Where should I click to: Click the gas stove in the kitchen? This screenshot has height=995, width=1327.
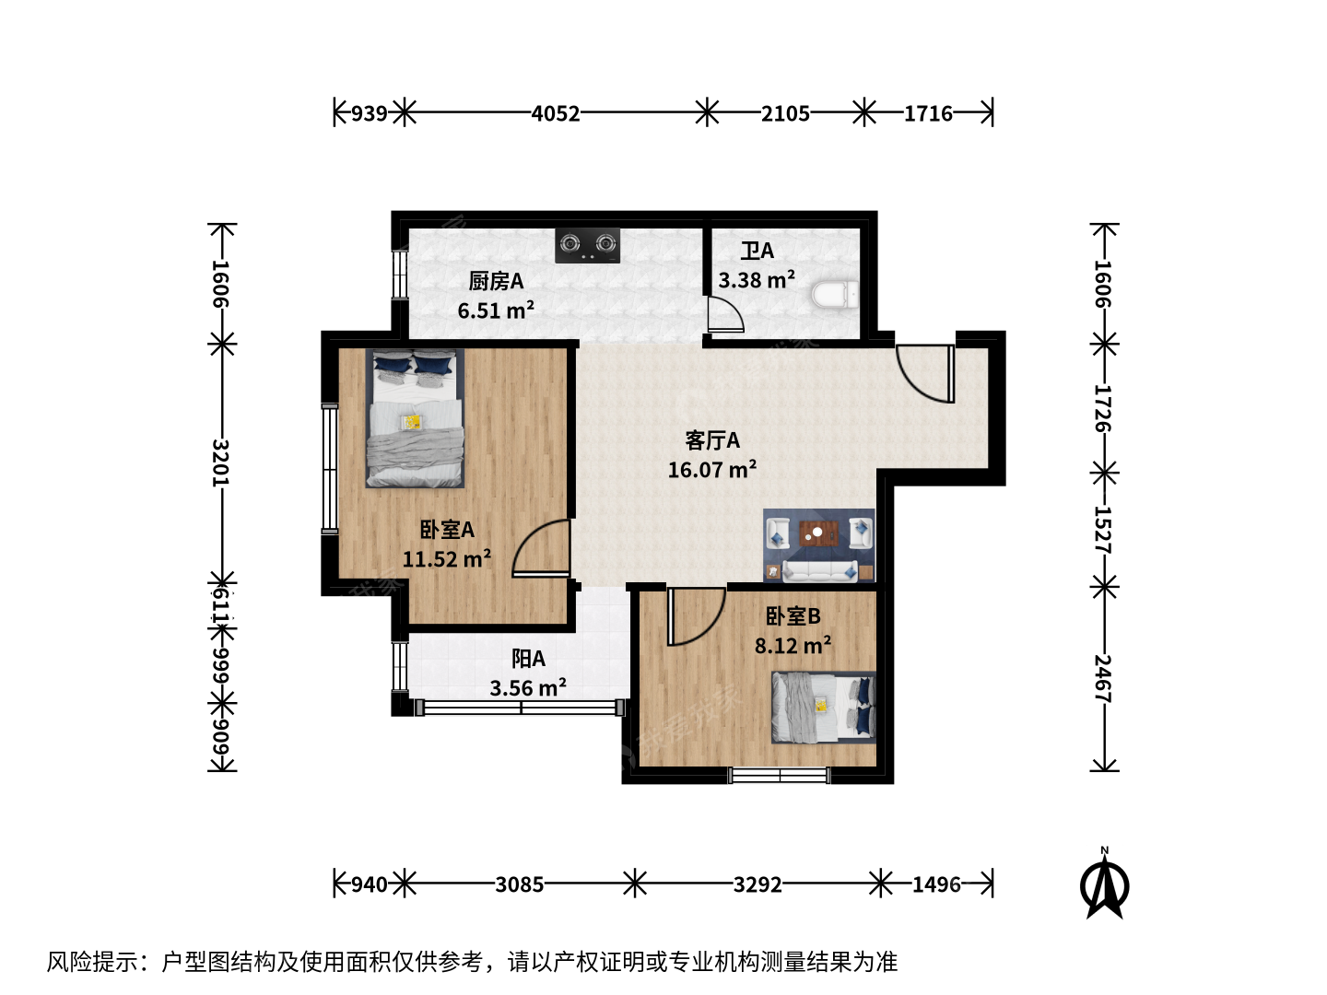pos(587,245)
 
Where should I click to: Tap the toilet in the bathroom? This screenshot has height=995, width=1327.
pos(835,295)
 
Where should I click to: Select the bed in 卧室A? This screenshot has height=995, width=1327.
pos(415,418)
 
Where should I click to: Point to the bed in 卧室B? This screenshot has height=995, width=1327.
pos(824,707)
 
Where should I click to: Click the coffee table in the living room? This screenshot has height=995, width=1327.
pos(818,533)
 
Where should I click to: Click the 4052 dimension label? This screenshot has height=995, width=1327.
pos(556,113)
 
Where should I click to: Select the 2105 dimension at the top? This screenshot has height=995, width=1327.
pos(785,113)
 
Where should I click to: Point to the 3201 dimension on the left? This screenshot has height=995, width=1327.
pos(220,462)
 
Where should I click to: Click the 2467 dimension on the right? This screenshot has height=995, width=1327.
pos(1103,678)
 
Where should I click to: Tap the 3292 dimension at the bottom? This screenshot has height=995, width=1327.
pos(757,885)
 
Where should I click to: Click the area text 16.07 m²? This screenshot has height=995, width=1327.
pos(712,470)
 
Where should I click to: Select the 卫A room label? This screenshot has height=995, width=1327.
pos(757,251)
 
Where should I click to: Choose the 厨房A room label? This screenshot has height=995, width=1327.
pos(496,282)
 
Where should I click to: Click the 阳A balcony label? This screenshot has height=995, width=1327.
pos(528,659)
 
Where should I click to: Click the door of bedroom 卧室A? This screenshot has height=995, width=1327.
pos(540,547)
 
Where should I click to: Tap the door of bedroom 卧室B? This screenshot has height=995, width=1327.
pos(697,617)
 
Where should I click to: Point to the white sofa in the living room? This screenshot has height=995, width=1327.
pos(820,571)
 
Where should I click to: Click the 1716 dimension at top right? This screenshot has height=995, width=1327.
pos(928,113)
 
